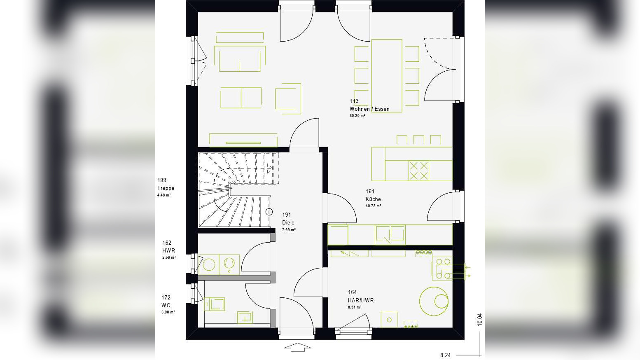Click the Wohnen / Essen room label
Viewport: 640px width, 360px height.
coord(369,109)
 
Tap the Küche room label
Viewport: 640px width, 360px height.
coord(373,199)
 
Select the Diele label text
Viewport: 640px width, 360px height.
coord(288,222)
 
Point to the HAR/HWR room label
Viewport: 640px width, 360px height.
coord(361,300)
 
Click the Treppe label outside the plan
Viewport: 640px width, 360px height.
coord(166,188)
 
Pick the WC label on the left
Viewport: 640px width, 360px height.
coord(166,305)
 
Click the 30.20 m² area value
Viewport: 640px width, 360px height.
coord(357,116)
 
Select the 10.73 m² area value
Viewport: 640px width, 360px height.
coord(373,206)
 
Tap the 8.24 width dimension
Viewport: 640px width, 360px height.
coord(445,355)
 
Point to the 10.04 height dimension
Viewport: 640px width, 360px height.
coord(479,320)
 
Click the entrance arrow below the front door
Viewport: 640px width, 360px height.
coord(297,348)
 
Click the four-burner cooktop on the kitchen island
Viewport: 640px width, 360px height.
coord(418,171)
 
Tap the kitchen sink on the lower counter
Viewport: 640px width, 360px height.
coord(390,234)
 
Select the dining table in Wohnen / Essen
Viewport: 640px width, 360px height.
coord(386,75)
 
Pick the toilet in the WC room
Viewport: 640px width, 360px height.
coord(215,304)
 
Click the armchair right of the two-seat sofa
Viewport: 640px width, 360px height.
coord(288,99)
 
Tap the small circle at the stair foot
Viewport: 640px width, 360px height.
coord(269,212)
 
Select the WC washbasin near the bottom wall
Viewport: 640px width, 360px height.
coord(245,317)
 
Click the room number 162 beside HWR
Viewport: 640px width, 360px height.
coord(167,243)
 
